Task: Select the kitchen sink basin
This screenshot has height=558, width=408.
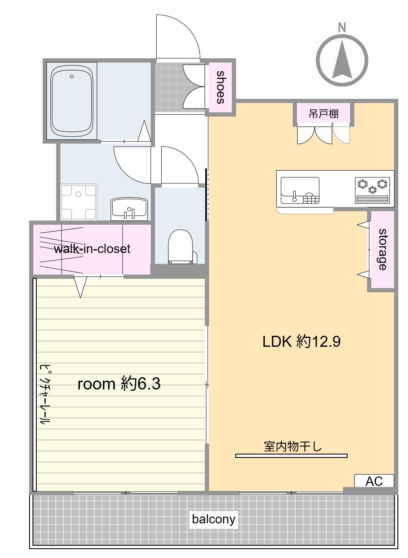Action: [300, 191]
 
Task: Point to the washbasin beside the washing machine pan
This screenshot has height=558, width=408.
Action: [129, 209]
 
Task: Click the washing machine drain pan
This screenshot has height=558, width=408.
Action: [79, 201]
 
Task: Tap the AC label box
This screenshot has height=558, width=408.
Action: [374, 481]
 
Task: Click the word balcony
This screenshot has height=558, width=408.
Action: [213, 519]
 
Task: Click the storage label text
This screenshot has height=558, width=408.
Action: [383, 249]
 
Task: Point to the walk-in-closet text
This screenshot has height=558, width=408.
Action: [92, 249]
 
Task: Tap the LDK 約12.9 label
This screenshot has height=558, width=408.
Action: [302, 341]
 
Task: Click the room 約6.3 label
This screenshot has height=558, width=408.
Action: [119, 384]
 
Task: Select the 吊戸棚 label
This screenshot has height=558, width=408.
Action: [324, 114]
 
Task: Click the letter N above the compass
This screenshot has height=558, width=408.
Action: [342, 27]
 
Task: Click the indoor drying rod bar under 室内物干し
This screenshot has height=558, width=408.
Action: [291, 456]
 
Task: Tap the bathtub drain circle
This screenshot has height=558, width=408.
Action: [72, 76]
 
